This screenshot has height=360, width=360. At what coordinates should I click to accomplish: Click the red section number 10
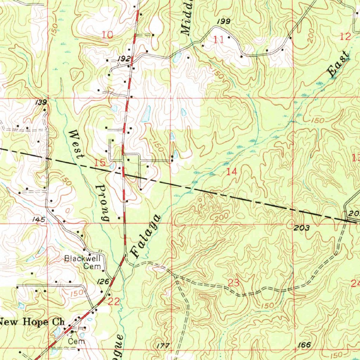[108, 35]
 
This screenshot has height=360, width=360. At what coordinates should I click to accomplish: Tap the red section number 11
[219, 40]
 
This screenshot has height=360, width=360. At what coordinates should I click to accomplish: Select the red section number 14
[232, 172]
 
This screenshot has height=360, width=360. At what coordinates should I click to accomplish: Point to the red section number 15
[100, 162]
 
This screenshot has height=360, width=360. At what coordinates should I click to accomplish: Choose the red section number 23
[233, 282]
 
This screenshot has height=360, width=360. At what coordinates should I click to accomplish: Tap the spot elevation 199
[224, 22]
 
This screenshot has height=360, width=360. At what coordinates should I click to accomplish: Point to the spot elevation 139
[41, 102]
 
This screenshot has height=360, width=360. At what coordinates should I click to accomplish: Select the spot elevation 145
[39, 220]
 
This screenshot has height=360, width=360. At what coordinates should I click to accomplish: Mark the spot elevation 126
[103, 281]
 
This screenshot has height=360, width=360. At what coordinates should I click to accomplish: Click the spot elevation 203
[302, 228]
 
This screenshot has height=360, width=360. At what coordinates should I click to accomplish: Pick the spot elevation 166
[304, 345]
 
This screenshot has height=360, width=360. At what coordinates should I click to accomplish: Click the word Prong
[102, 203]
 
